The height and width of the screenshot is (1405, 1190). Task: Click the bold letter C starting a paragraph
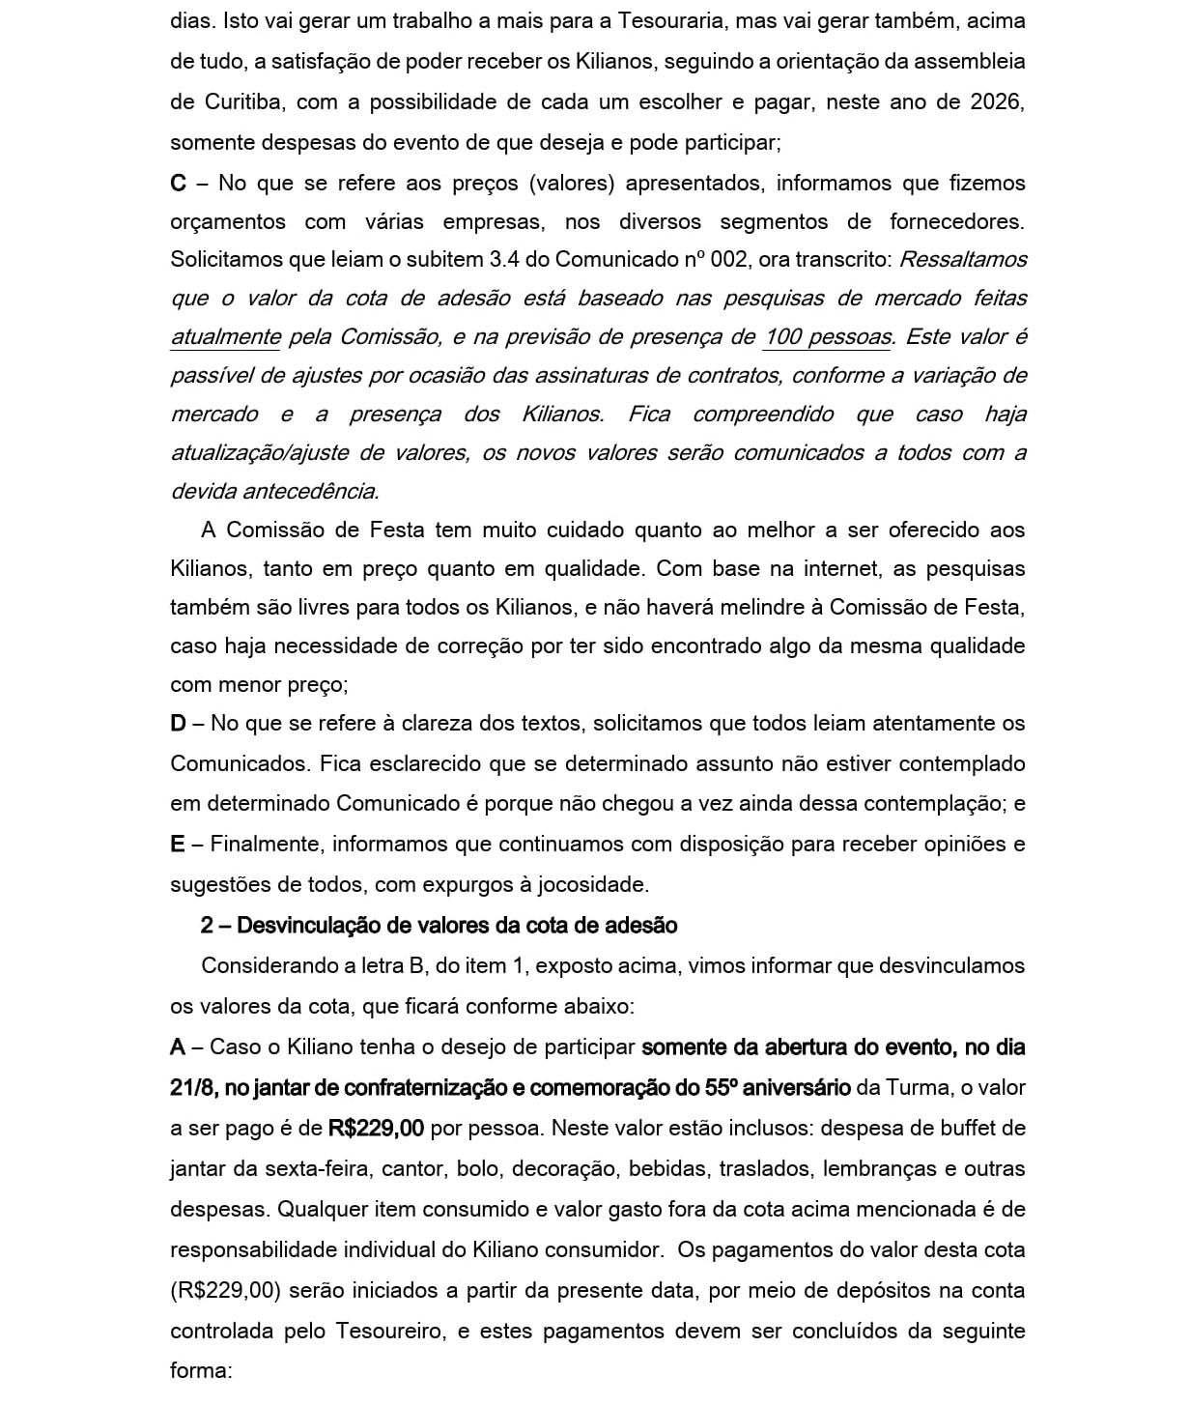click(x=178, y=183)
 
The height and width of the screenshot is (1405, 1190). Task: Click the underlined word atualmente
click(x=225, y=337)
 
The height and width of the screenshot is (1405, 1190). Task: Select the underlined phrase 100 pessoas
click(x=828, y=337)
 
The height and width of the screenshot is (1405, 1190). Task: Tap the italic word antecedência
click(x=309, y=492)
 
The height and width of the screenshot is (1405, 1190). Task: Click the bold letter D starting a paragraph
click(x=178, y=723)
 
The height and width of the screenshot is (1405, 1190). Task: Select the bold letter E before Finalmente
click(x=177, y=844)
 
